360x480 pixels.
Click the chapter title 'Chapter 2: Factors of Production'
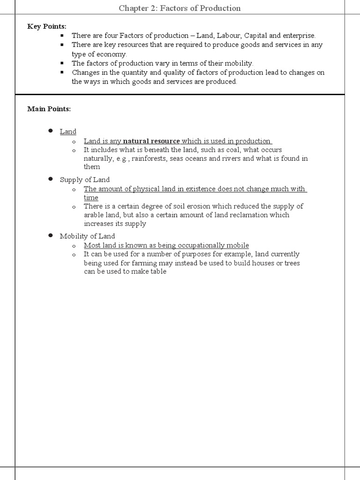point(180,8)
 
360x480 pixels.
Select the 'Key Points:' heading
point(47,26)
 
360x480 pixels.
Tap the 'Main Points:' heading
point(49,109)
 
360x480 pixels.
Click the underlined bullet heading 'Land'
point(68,132)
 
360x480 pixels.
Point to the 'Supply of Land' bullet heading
point(85,180)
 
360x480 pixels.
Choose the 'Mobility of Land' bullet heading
point(87,236)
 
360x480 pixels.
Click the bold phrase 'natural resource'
point(151,141)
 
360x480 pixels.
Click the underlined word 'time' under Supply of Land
point(91,198)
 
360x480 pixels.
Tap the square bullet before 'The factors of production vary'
point(61,63)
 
